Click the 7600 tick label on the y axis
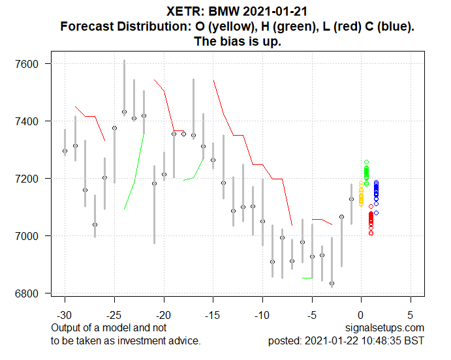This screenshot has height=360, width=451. click(30, 64)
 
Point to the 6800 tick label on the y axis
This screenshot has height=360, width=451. click(30, 293)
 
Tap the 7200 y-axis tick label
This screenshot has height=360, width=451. click(30, 179)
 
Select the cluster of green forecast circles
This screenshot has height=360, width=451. click(366, 173)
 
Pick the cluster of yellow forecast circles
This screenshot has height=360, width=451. click(361, 194)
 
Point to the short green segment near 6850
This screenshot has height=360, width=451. click(307, 278)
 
